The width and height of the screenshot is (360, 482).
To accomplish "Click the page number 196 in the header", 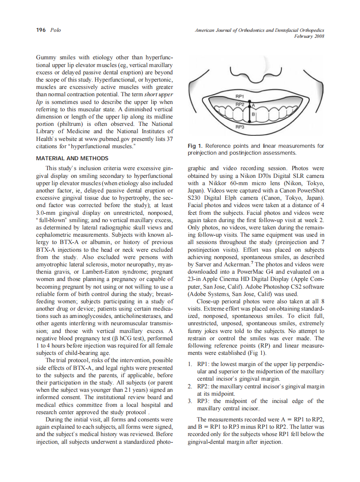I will click(40, 30).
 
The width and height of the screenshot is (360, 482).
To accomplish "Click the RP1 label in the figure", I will click(240, 96).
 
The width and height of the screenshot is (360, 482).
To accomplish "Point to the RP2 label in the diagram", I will click(240, 104).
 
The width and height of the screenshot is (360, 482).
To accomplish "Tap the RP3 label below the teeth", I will click(240, 127).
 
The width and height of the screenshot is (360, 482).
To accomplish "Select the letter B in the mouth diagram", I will click(253, 114).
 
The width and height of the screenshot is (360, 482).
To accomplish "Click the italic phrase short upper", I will click(159, 95).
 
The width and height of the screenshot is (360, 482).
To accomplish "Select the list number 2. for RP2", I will click(191, 386).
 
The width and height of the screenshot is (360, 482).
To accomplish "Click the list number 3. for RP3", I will click(191, 401).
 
